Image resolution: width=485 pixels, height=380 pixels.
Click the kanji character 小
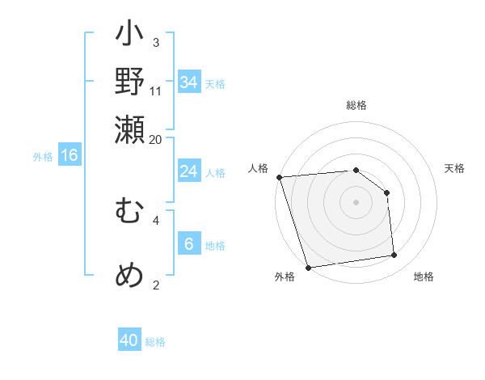point(129,37)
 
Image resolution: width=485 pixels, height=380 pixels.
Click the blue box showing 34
point(189,82)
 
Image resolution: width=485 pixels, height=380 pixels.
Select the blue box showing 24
point(189,171)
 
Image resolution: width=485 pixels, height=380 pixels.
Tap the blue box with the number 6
point(189,244)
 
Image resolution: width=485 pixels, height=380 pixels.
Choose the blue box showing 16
point(70,155)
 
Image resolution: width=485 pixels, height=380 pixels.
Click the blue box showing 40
point(129,340)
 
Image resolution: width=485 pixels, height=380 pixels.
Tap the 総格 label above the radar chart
point(356,106)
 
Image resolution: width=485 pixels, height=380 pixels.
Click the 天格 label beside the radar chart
point(454,168)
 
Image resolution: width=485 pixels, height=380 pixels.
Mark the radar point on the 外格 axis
point(308,267)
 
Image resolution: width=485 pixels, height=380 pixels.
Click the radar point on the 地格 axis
point(394,255)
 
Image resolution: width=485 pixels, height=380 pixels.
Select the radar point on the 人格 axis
point(278,177)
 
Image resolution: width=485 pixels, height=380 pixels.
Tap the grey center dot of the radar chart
point(356,202)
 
